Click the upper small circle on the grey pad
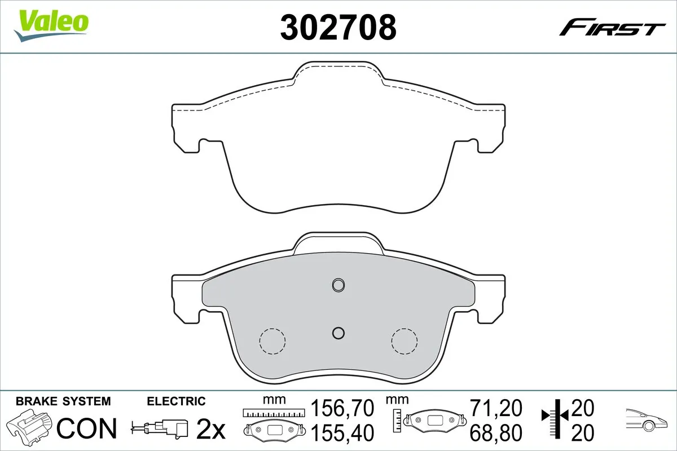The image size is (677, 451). tap(338, 285)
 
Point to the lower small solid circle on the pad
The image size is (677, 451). tap(338, 333)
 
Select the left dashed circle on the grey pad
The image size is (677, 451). tap(272, 341)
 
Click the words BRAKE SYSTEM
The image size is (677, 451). tap(63, 401)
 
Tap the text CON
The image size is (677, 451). tap(87, 428)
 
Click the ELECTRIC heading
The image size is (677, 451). tap(176, 401)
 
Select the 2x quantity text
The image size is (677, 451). tap(210, 430)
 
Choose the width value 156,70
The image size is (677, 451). tap(343, 407)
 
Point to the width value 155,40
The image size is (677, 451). tap(343, 433)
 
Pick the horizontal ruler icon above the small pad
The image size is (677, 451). tap(273, 413)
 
